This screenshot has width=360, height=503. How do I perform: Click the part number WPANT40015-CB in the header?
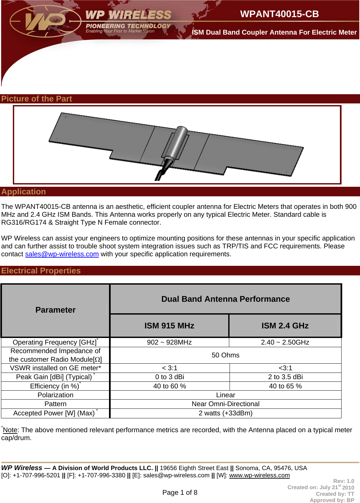[x=279, y=14]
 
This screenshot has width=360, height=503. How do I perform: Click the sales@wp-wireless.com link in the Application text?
[x=62, y=254]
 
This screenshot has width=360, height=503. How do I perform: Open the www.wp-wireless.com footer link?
[x=259, y=475]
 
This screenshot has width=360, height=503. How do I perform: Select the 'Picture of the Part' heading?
[x=37, y=99]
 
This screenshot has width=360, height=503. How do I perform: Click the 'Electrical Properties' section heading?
[x=41, y=271]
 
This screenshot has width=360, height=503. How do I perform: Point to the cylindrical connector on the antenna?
[x=178, y=142]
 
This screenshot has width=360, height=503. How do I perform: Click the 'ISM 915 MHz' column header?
[x=169, y=326]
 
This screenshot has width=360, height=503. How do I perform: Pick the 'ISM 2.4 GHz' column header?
[x=285, y=326]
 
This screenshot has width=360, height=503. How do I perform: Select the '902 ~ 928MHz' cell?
[x=169, y=342]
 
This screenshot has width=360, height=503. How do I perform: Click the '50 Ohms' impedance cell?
[x=225, y=355]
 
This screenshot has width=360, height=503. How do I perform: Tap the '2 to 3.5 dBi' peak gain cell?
[x=285, y=377]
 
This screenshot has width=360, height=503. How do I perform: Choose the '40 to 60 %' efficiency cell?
[x=169, y=386]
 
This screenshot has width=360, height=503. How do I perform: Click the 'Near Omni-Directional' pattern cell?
[x=225, y=404]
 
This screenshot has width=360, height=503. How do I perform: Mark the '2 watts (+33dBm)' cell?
[x=225, y=413]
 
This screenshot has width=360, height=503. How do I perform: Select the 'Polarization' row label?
[x=55, y=395]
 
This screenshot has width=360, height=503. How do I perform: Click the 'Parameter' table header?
[x=55, y=310]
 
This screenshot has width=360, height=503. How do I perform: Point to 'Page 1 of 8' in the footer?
[x=180, y=492]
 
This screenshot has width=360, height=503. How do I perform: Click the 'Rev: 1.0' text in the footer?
[x=344, y=481]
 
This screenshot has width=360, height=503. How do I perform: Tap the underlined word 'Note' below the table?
[x=10, y=430]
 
